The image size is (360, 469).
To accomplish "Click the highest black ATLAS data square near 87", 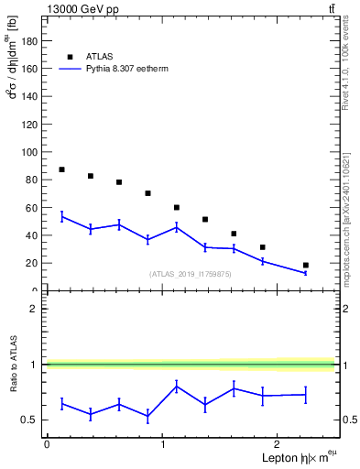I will [x=61, y=169].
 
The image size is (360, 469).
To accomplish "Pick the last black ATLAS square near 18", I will [x=305, y=265].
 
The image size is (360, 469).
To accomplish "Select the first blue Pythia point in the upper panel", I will [x=61, y=217].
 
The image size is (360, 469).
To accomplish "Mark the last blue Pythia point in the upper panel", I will [x=305, y=273].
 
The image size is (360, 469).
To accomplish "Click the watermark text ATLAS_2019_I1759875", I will [x=191, y=274].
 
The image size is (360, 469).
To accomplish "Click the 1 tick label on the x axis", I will [x=163, y=443].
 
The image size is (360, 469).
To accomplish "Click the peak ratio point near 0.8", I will [x=176, y=386].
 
